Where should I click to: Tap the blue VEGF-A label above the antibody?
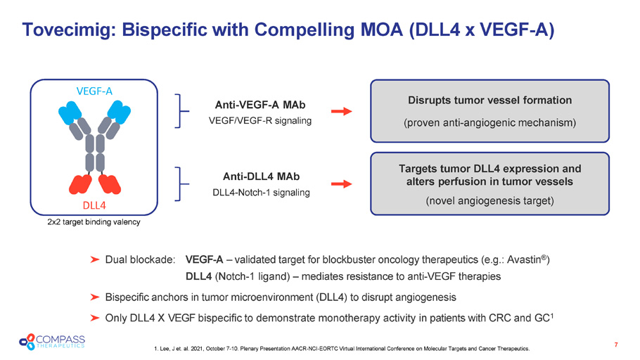pos(94,90)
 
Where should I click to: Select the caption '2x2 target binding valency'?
pos(94,222)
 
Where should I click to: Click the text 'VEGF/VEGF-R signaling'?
pos(260,120)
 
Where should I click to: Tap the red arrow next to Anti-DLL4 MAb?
pos(342,184)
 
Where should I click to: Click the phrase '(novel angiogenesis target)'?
pos(490,202)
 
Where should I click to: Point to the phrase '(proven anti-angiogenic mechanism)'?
pos(490,123)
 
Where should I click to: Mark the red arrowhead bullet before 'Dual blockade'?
pos(94,261)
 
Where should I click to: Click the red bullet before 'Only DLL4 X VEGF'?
pos(94,318)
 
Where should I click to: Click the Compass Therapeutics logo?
pos(53,341)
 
